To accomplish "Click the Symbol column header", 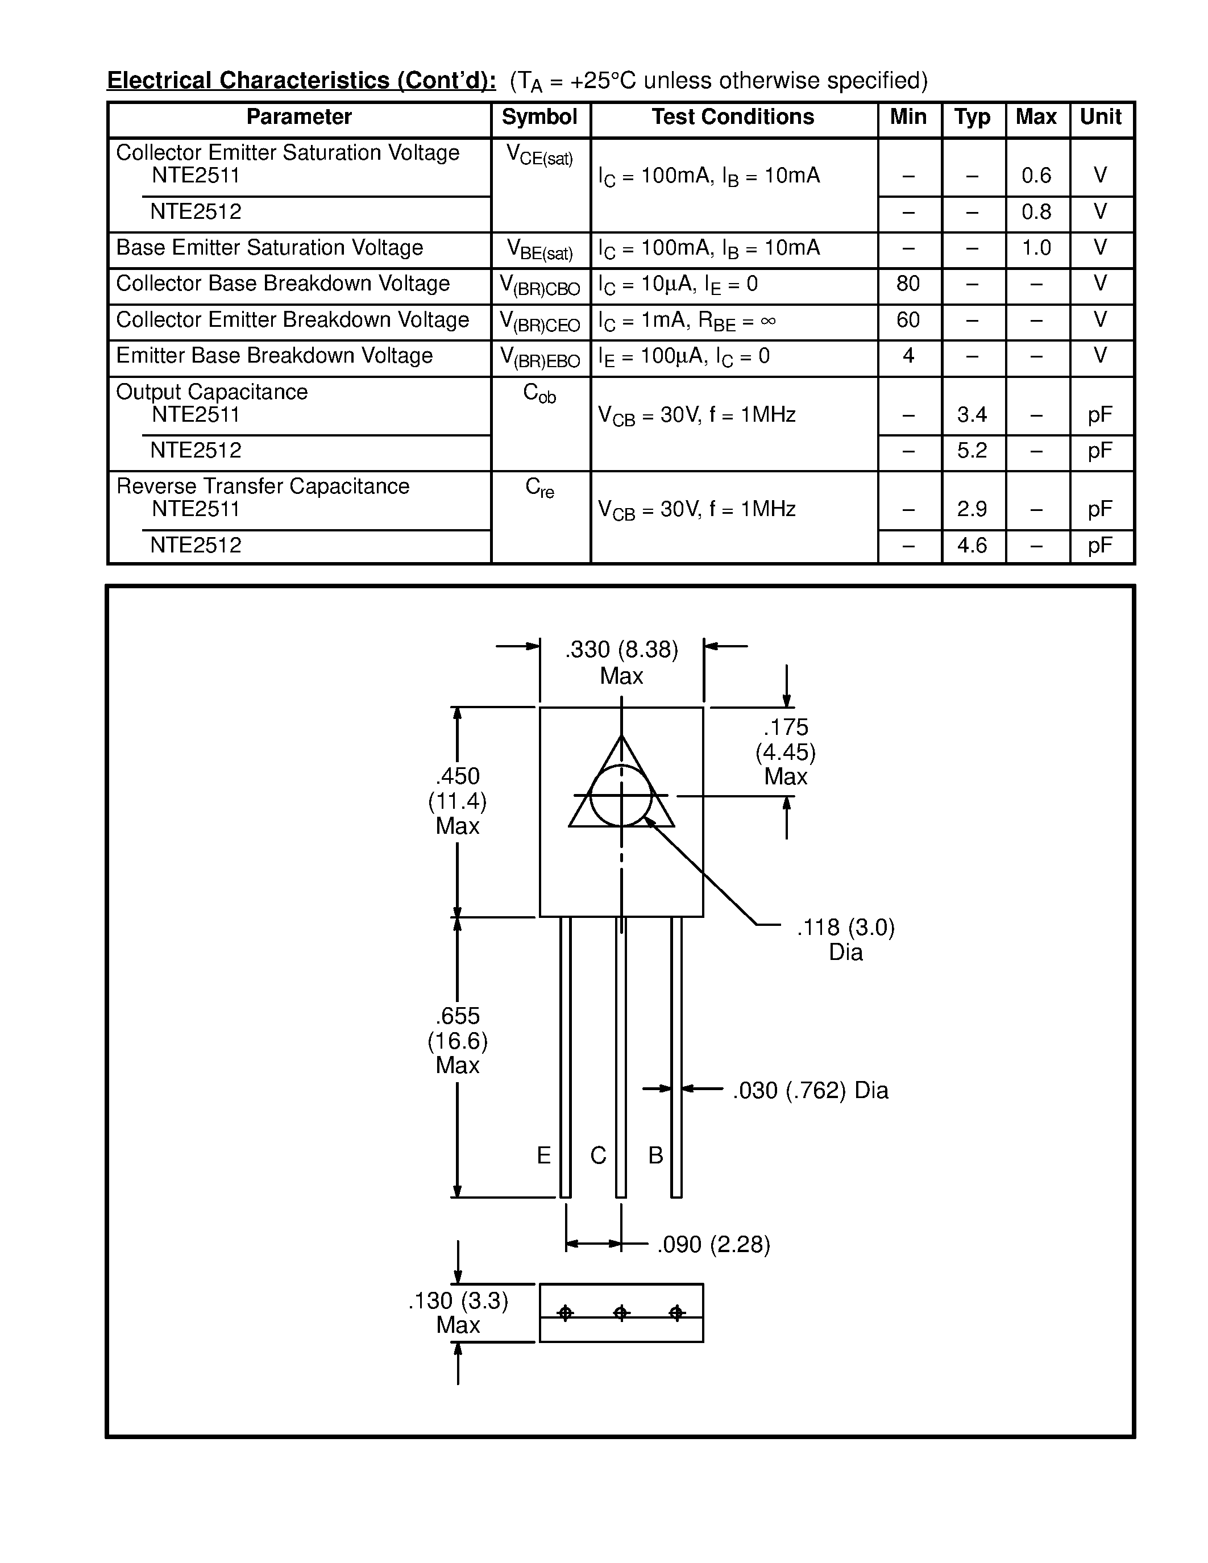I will pos(539,117).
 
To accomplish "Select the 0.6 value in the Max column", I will pos(1036,175).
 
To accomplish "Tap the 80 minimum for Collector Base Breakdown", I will pos(907,284).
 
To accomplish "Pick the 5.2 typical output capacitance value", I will pos(971,450).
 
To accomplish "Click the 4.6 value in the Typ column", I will pos(971,545).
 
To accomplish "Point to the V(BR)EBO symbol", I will pos(539,357).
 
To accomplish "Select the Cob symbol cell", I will pos(539,393).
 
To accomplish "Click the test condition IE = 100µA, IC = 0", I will pos(683,356).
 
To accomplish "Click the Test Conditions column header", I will pos(732,117).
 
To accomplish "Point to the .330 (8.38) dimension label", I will pos(621,649).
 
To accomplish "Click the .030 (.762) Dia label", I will pos(810,1090).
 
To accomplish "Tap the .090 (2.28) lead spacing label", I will pos(713,1245).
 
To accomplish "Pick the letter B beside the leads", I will pos(655,1154).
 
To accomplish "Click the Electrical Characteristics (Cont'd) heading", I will pos(301,80).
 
